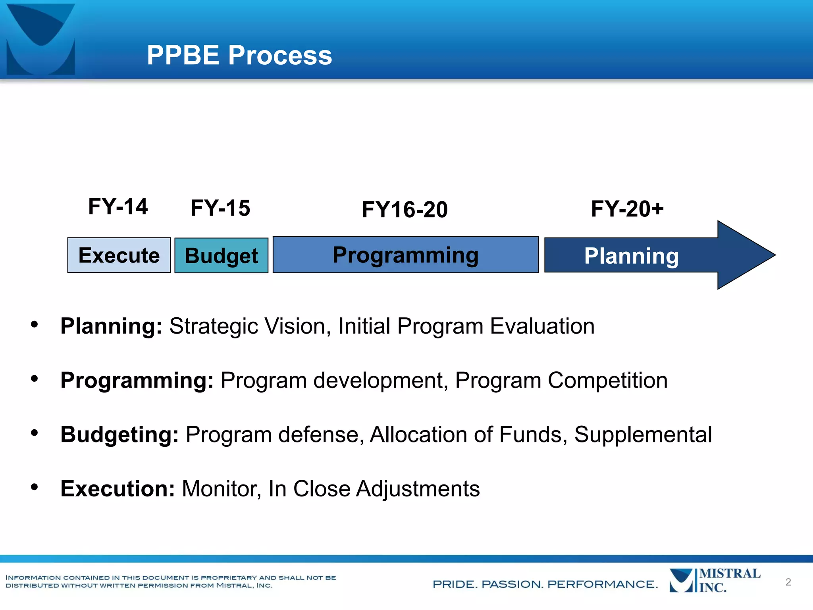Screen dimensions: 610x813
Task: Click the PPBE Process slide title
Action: pyautogui.click(x=239, y=55)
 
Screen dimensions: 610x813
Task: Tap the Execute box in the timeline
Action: pyautogui.click(x=119, y=255)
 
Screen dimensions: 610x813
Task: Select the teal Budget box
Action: pyautogui.click(x=222, y=256)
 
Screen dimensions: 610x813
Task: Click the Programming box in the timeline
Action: pyautogui.click(x=405, y=255)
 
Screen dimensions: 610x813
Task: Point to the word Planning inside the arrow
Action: pyautogui.click(x=631, y=256)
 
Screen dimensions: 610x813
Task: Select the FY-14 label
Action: pyautogui.click(x=118, y=207)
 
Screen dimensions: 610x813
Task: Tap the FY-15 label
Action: pyautogui.click(x=220, y=208)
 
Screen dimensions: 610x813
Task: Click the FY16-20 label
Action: pyautogui.click(x=405, y=210)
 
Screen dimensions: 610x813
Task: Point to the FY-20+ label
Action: pyautogui.click(x=627, y=209)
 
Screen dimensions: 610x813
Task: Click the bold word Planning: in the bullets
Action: pyautogui.click(x=111, y=326)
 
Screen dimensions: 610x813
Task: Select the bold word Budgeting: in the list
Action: pyautogui.click(x=119, y=434)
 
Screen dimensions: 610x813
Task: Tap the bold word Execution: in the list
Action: pyautogui.click(x=118, y=488)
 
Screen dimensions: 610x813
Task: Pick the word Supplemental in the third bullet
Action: pyautogui.click(x=643, y=434)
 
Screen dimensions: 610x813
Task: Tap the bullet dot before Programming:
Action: pyautogui.click(x=35, y=379)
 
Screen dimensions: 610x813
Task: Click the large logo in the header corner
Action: pyautogui.click(x=41, y=39)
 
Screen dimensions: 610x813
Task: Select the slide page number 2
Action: pyautogui.click(x=788, y=582)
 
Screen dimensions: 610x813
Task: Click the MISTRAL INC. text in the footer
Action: pyautogui.click(x=730, y=581)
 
